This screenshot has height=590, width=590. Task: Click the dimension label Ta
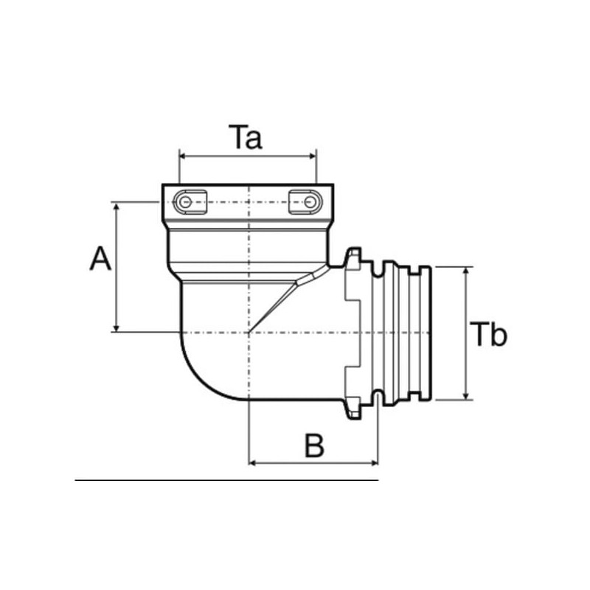pos(245,138)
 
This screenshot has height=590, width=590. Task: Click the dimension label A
pos(100,260)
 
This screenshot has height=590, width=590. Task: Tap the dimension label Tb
pos(489,335)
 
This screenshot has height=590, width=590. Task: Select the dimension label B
pos(314,445)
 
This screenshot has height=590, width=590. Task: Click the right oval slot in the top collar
pos(305,202)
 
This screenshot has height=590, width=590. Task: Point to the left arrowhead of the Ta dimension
pos(183,156)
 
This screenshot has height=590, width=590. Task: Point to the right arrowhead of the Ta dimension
pos(313,156)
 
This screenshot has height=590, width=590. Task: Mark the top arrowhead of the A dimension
pos(117,206)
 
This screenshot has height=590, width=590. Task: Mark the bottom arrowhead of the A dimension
pos(117,327)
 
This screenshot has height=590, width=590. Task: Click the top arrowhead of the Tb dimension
pos(466,272)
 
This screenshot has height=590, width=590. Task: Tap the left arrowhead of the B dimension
pos(254,463)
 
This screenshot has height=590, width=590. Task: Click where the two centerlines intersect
pos(250,332)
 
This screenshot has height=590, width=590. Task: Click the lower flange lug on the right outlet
pos(353,408)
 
